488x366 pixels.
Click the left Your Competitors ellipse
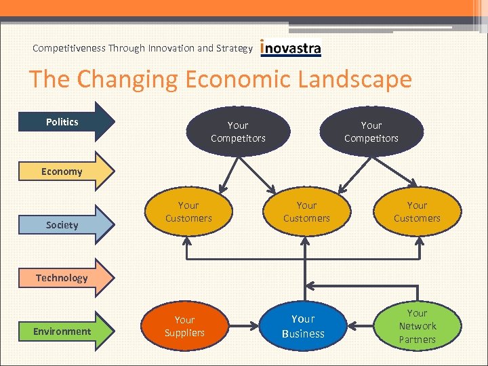click(x=238, y=131)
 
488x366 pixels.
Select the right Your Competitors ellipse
click(x=371, y=131)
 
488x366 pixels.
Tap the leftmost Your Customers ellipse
click(x=188, y=211)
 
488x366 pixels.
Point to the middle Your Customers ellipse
click(x=306, y=211)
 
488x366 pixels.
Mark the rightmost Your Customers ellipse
click(x=417, y=211)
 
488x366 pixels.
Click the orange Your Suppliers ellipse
click(x=184, y=326)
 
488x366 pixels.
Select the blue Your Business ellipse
click(x=303, y=326)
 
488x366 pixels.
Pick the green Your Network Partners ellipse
click(x=417, y=326)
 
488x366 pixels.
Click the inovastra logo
click(x=291, y=48)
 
